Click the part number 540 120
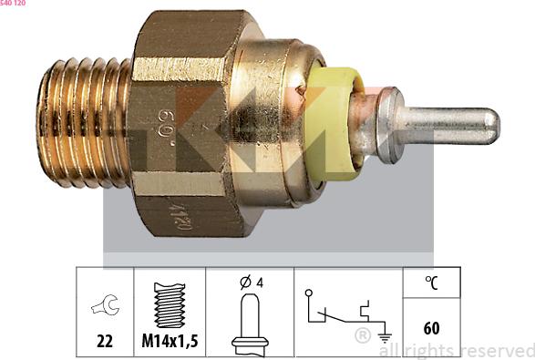coord(13,4)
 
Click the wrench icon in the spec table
coord(107,307)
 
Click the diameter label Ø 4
coord(251,283)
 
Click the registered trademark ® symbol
coord(362,336)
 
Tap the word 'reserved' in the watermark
coord(497,350)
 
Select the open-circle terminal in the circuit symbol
coord(310,294)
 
